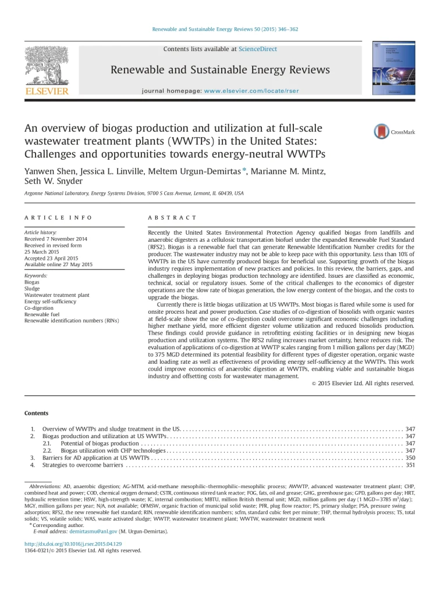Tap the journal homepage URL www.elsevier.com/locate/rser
point(250,91)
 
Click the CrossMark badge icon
point(398,131)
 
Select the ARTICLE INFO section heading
point(58,217)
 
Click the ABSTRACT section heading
point(172,217)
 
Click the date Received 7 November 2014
point(56,239)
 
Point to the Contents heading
point(36,413)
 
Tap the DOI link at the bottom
point(73,544)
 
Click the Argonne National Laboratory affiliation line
point(134,193)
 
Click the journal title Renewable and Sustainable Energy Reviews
point(220,70)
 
